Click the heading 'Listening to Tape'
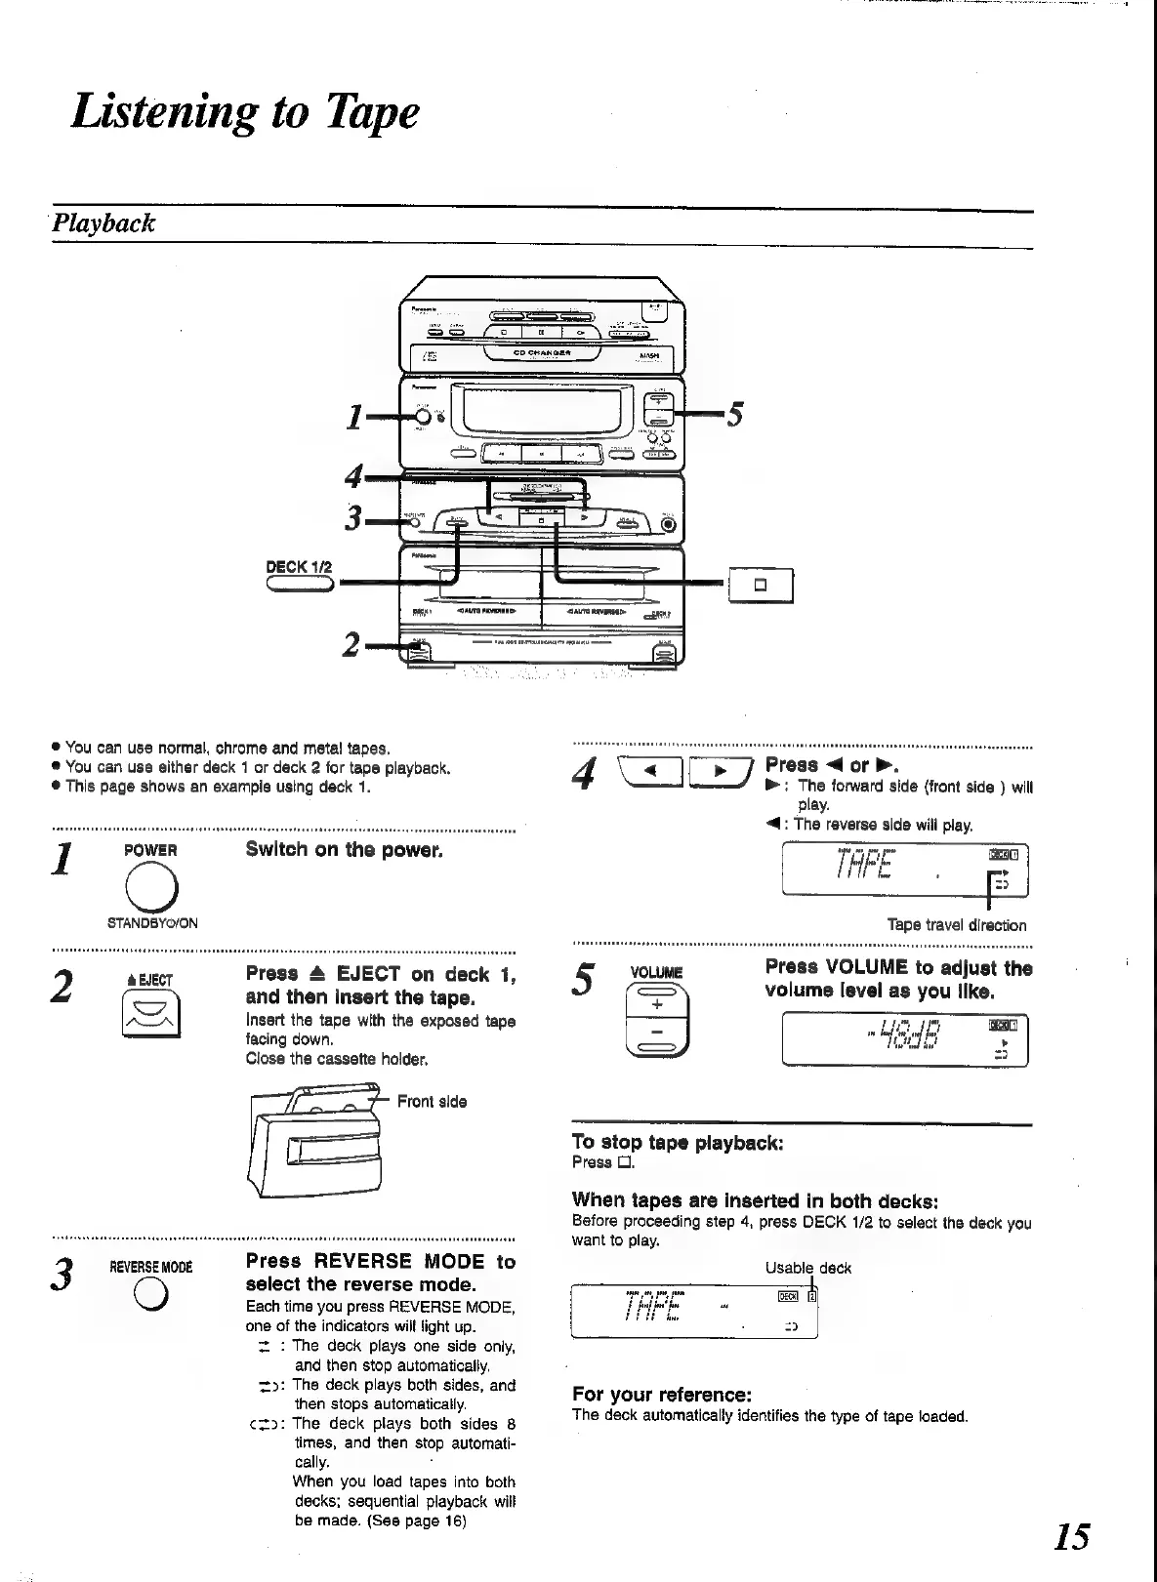245,111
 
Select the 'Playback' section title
103,223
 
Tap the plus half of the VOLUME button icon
656,1005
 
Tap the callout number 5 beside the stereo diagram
735,415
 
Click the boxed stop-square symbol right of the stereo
761,586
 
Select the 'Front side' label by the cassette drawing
432,1102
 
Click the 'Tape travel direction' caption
956,925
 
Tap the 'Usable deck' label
807,1268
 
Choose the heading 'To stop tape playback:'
677,1142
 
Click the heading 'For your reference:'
661,1394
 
